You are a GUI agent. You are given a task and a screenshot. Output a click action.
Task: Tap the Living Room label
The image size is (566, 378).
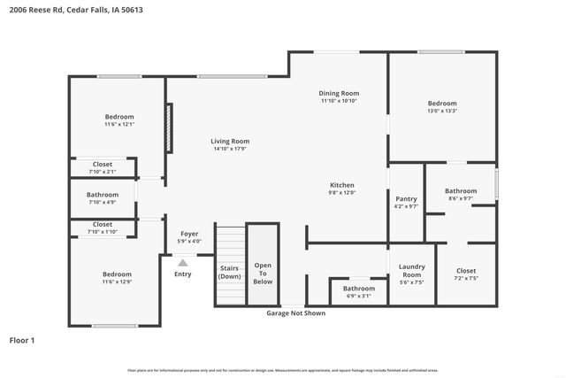[x=230, y=142]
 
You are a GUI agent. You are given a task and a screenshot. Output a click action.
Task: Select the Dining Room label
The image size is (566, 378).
[x=339, y=93]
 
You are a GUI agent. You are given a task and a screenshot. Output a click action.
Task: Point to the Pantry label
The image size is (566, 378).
[x=405, y=199]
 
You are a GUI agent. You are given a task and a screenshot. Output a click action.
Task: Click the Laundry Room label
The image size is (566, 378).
[x=412, y=270]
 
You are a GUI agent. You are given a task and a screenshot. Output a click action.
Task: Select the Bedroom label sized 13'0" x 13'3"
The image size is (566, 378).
[x=442, y=103]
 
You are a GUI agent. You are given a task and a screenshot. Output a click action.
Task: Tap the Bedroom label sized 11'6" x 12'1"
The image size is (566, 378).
[x=119, y=117]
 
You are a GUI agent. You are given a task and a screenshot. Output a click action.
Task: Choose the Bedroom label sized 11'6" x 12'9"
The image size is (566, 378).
[x=117, y=274]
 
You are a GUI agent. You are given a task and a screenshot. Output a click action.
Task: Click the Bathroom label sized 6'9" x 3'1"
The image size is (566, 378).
[x=359, y=288]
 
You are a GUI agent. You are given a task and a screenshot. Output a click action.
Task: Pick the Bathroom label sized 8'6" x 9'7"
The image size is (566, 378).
[x=461, y=190]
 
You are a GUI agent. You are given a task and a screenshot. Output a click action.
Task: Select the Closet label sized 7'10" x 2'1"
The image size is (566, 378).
[x=103, y=164]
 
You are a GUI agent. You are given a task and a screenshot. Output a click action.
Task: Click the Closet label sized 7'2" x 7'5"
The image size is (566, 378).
[x=466, y=271]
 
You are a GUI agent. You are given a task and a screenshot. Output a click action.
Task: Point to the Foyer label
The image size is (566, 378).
[x=189, y=234]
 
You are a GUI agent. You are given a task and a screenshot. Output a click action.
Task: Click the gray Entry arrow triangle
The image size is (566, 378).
[x=183, y=262]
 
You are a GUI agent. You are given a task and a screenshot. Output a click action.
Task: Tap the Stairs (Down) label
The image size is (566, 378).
[x=230, y=271]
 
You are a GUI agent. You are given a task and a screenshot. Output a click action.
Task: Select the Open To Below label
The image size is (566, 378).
[x=263, y=274]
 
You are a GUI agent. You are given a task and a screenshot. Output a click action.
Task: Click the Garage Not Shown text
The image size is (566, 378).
[x=296, y=312]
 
